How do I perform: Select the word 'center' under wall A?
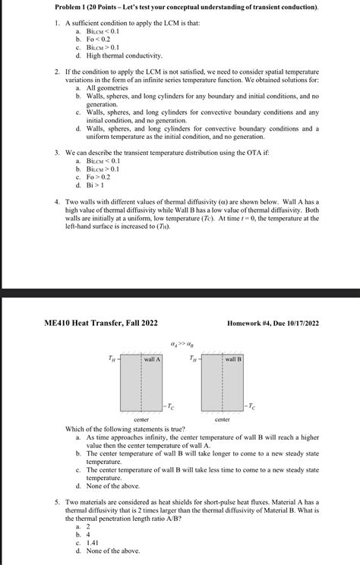141,419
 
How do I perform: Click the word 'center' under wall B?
223,419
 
